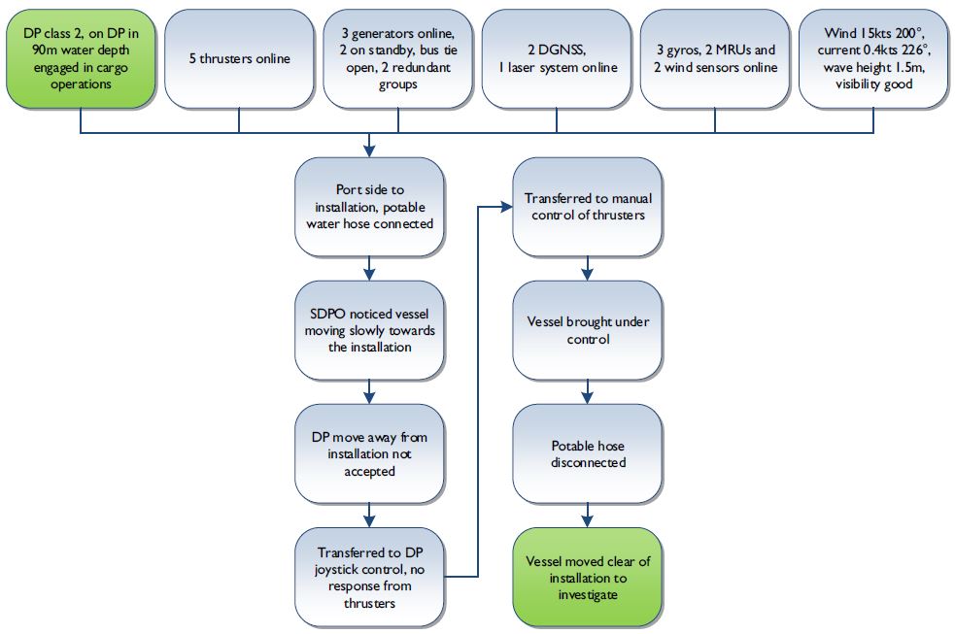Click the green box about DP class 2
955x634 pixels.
pyautogui.click(x=81, y=58)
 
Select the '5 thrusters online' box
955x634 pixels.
pyautogui.click(x=239, y=58)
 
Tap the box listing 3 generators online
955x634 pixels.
pyautogui.click(x=397, y=58)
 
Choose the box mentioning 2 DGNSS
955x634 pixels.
pyautogui.click(x=556, y=58)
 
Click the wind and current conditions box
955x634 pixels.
pyautogui.click(x=872, y=58)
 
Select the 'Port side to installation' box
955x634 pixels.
pyautogui.click(x=369, y=207)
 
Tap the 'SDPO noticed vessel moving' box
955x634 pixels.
pyautogui.click(x=369, y=330)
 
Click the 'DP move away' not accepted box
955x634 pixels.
pyautogui.click(x=369, y=453)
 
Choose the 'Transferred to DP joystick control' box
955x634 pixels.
pyautogui.click(x=369, y=576)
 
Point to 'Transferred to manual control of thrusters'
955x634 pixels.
pyautogui.click(x=587, y=207)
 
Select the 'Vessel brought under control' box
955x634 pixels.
pyautogui.click(x=587, y=330)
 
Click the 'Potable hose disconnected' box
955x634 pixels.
pyautogui.click(x=587, y=453)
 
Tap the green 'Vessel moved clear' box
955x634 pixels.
pyautogui.click(x=587, y=576)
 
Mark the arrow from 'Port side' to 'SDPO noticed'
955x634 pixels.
pyautogui.click(x=369, y=268)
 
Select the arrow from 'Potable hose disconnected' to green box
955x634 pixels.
pyautogui.click(x=587, y=515)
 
